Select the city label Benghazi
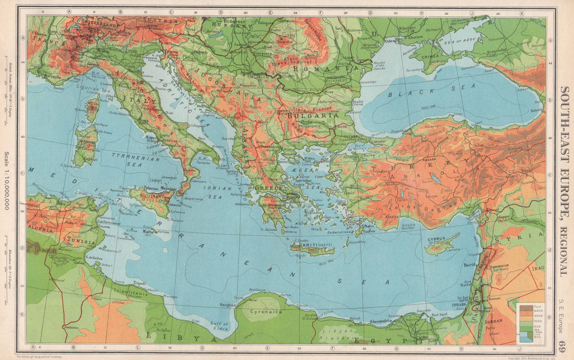228,305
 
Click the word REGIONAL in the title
565,249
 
